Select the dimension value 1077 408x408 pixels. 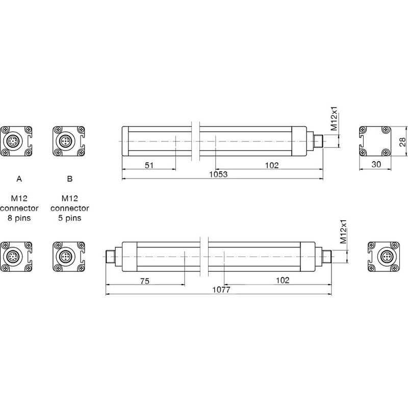[221, 290]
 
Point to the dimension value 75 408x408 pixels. [145, 280]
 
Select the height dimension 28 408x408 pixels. [403, 141]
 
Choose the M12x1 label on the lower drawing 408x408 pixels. [344, 233]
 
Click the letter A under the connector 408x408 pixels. [19, 179]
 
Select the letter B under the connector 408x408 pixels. [70, 179]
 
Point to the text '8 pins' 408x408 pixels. [19, 218]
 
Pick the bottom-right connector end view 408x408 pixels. [383, 256]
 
